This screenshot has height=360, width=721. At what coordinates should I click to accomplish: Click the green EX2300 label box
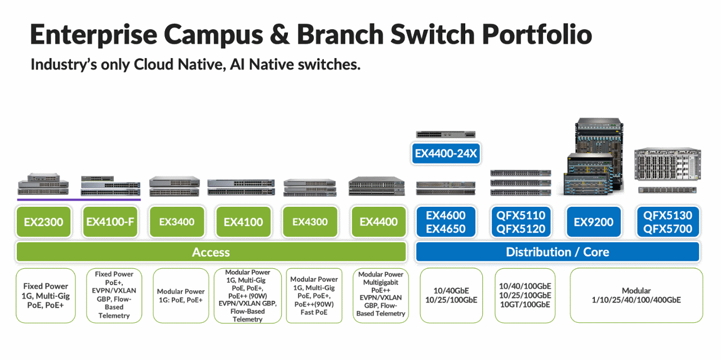point(43,222)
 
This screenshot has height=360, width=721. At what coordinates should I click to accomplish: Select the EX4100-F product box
point(110,222)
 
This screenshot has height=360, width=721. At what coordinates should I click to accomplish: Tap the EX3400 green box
point(176,222)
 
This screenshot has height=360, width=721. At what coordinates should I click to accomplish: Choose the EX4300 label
point(310,222)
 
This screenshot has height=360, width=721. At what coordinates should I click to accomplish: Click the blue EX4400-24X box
point(446,153)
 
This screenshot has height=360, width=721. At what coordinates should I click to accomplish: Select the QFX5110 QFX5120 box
point(521,222)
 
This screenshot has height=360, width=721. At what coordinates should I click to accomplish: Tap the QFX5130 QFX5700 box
point(667,222)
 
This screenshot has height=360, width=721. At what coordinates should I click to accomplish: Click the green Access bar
point(211,252)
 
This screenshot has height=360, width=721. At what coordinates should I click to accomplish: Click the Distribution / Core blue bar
point(557,252)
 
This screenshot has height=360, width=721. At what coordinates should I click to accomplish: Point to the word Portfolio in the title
point(537,35)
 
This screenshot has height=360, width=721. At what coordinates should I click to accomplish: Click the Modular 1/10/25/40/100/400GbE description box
point(636,295)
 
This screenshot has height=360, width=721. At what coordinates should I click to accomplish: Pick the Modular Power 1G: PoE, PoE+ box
point(180,295)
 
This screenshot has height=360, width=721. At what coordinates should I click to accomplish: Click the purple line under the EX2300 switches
point(78,199)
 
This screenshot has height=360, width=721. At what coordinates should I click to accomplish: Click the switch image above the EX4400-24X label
point(446,134)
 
